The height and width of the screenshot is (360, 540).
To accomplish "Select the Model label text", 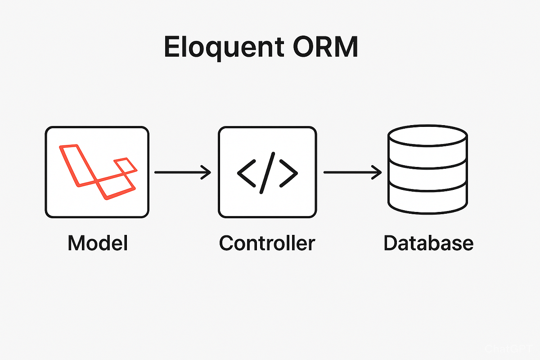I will pos(98,243).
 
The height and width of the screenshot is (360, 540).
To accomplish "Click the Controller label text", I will pos(267,243).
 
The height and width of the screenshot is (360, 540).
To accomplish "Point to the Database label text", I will pos(428,243).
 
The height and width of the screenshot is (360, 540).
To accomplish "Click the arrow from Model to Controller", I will pos(182,172).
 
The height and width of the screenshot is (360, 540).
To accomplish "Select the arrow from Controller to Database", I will pos(352,172).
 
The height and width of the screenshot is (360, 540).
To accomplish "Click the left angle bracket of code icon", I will pos(245,172).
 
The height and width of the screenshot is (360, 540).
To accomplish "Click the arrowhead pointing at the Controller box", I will pos(207,172).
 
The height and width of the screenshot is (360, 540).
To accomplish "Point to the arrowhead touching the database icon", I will pos(378,172).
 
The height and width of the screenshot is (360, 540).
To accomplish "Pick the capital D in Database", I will pos(391,243).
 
